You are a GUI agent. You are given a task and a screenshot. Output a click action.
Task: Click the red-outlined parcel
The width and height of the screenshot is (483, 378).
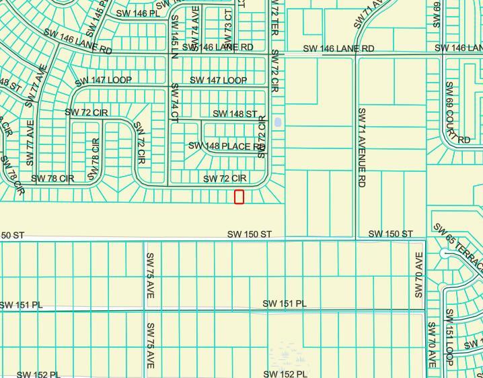coord(239,197)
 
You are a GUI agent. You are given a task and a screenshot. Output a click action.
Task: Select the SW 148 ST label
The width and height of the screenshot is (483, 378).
coord(235,114)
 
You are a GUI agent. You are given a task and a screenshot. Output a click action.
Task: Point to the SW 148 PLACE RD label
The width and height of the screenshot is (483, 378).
coord(226,146)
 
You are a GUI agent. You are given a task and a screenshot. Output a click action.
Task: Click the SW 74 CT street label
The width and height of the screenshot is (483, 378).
coord(174,103)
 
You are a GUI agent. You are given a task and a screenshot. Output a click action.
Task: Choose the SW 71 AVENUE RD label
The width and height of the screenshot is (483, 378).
coord(362,147)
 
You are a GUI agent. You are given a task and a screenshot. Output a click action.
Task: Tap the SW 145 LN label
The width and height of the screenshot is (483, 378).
coord(175,37)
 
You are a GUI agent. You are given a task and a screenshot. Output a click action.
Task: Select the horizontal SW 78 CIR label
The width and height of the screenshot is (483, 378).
coord(52,179)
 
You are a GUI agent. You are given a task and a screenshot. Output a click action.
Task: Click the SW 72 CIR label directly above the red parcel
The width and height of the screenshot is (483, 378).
coord(225,179)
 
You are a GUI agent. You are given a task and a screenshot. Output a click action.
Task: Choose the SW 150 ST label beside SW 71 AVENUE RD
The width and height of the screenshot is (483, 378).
coord(390,234)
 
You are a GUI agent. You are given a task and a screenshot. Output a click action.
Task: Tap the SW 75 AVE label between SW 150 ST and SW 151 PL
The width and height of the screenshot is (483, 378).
coord(151,276)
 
